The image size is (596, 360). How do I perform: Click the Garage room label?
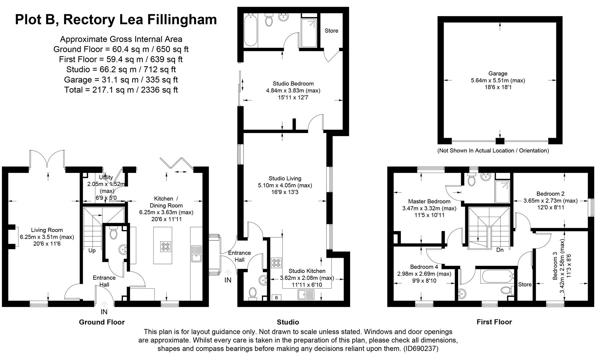498,74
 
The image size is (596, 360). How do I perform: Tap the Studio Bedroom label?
293,84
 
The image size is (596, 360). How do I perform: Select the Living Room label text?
47,230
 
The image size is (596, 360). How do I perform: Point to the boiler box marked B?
276,298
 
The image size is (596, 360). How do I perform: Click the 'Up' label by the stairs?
92,250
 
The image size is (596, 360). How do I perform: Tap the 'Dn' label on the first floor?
500,250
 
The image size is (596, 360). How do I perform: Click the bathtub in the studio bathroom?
250,30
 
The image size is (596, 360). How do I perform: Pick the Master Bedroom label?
429,201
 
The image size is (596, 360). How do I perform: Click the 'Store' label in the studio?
331,31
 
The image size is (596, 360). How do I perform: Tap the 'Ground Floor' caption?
102,322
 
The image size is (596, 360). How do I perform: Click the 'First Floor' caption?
494,322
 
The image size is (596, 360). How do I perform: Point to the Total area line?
121,90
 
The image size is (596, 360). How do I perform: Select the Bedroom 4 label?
424,267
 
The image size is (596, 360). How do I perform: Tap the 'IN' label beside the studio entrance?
228,280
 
